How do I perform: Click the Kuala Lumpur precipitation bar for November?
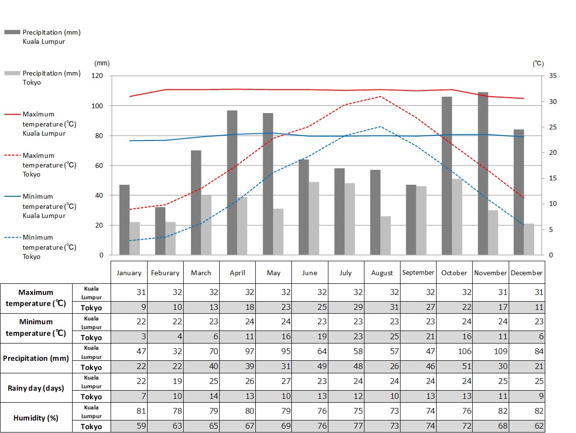tap(483, 173)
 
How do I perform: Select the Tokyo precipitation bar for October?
tap(457, 217)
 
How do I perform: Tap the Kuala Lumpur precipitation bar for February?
tap(160, 231)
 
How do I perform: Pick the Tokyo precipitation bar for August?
tap(386, 236)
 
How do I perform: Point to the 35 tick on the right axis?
tap(552, 76)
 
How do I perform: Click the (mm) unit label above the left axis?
tap(102, 63)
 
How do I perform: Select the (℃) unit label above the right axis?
tap(538, 63)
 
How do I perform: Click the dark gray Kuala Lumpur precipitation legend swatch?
tap(13, 32)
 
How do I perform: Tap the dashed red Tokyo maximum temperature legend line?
tap(13, 155)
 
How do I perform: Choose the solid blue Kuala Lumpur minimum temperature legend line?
tap(13, 196)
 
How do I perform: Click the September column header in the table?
tap(418, 272)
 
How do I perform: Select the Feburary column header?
tap(165, 273)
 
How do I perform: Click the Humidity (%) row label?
tap(36, 418)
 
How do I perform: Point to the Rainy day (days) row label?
tap(36, 388)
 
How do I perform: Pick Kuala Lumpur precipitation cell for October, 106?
tap(454, 351)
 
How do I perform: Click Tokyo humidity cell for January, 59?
tap(129, 426)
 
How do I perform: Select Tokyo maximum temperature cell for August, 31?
tap(382, 307)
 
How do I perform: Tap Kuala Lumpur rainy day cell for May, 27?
tap(274, 381)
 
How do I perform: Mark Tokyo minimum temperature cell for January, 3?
tap(129, 337)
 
